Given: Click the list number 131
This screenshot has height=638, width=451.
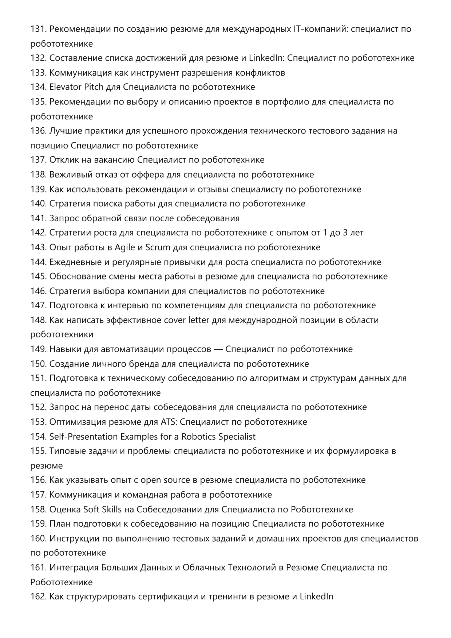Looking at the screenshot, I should pos(38,29).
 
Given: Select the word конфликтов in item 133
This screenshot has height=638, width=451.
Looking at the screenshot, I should pos(260,73).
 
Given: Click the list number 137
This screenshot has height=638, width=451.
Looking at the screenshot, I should pos(38,160).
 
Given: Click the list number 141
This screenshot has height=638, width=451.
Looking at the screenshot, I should pos(38,218).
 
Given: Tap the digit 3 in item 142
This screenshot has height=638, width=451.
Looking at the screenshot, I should pos(345,233).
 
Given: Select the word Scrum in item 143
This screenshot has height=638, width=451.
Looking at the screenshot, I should pos(158,247).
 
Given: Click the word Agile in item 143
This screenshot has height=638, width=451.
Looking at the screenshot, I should pos(125,247).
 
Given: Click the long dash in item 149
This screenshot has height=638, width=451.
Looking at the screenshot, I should pos(218,349).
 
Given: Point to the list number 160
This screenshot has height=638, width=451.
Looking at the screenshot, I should pos(38,539).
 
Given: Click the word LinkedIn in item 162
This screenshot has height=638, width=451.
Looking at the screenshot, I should pos(316,597).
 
